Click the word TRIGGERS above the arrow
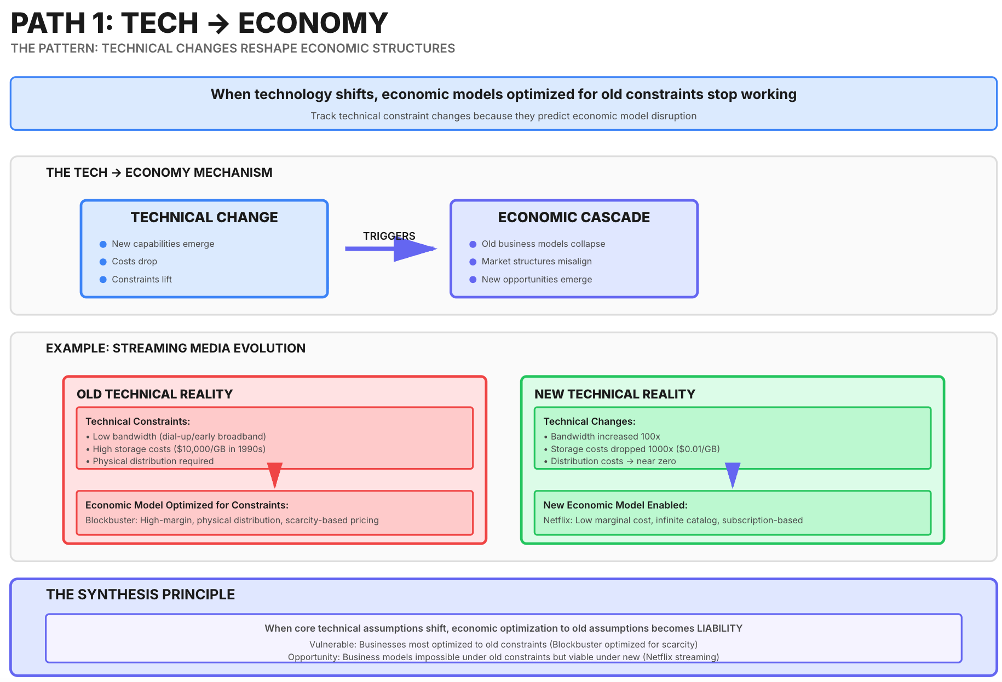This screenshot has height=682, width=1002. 389,236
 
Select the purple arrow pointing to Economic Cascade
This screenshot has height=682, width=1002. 391,248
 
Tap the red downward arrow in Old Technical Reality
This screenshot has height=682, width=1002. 275,475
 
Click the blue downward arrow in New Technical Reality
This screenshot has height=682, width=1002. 733,475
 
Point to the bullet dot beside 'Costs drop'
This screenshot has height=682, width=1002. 103,262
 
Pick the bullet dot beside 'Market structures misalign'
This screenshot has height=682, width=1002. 473,262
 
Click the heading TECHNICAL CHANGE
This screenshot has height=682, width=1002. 204,217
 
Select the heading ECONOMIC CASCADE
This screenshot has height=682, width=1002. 574,217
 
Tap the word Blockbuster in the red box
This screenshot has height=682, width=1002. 111,520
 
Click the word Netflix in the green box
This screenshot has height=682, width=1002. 557,520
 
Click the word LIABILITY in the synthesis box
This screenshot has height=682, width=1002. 719,628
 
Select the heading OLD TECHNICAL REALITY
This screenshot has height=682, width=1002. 154,394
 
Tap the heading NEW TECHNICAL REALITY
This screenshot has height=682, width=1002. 615,394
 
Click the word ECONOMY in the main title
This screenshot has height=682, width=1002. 313,23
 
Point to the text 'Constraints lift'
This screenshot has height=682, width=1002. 142,279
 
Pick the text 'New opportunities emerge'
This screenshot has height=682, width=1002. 537,279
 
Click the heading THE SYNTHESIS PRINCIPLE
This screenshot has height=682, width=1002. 141,594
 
